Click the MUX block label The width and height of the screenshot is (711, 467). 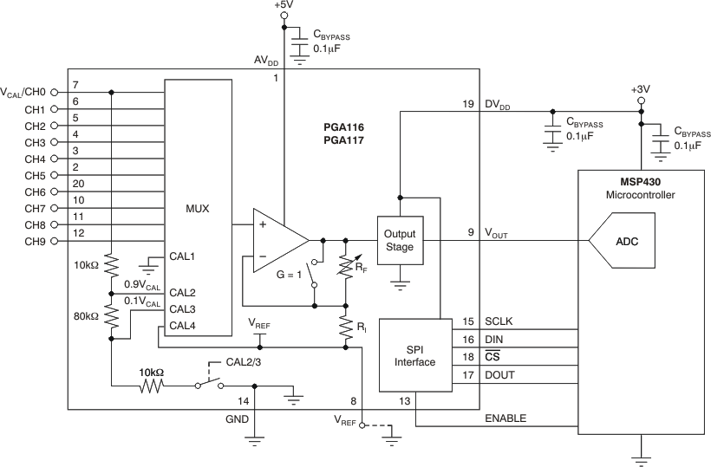tap(198, 208)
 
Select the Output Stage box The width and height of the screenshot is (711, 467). tap(399, 240)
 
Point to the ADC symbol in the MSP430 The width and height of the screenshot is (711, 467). tap(626, 241)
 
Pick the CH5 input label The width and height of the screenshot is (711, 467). tap(35, 176)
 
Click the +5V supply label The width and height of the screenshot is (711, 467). tap(284, 5)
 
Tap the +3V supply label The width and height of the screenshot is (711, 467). tap(642, 88)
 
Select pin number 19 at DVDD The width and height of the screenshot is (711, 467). tap(468, 104)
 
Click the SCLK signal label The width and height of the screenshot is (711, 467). tap(499, 322)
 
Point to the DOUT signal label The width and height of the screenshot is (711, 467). tap(499, 376)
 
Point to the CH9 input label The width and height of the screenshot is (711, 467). tap(35, 242)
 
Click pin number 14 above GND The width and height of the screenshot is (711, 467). tap(244, 400)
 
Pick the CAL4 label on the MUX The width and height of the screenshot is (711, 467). tap(182, 326)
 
